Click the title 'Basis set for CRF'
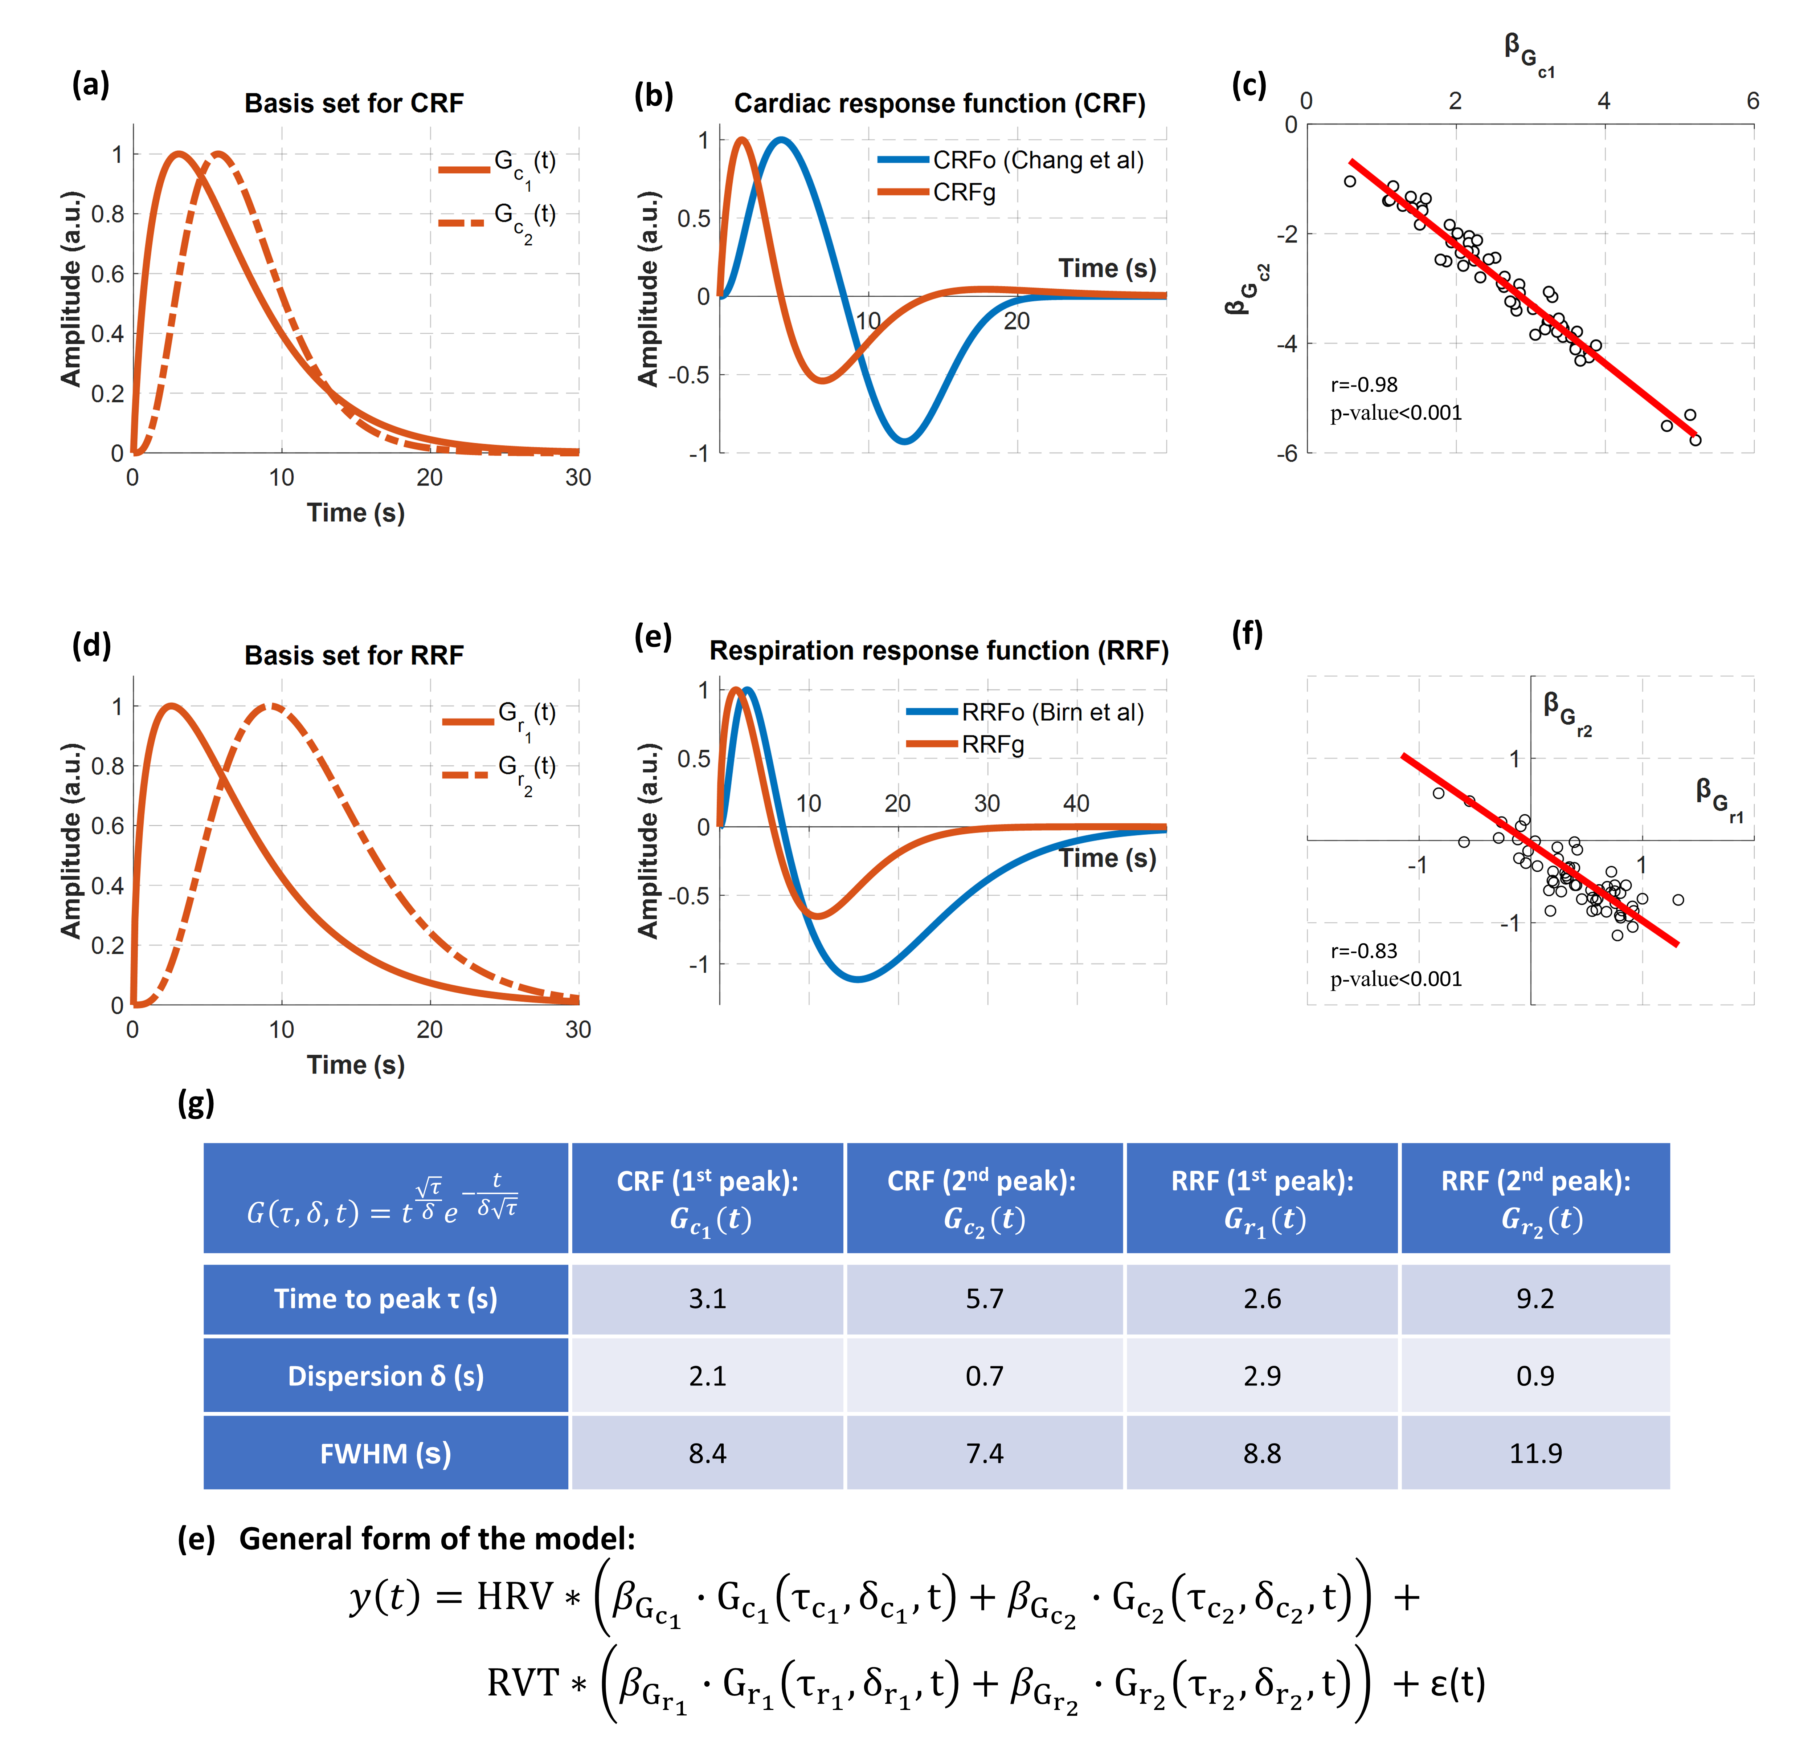pos(354,103)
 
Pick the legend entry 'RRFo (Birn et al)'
pos(1052,712)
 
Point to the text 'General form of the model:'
pos(437,1539)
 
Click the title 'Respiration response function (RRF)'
pos(939,650)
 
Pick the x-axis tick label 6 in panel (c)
pos(1752,101)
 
